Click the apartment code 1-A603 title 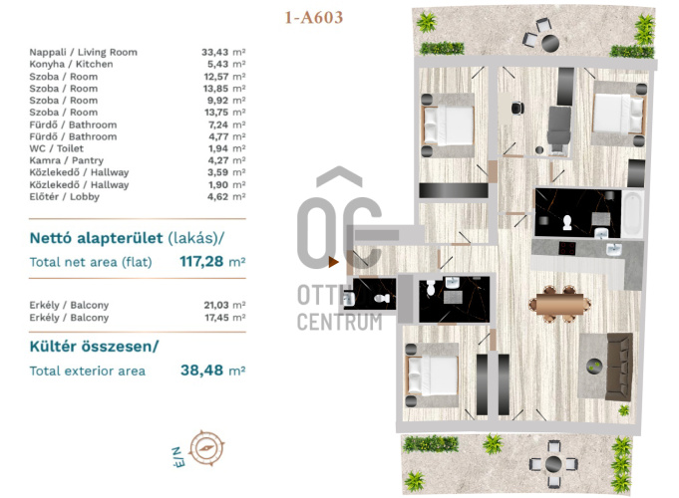click(x=313, y=17)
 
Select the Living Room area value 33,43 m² click(x=223, y=53)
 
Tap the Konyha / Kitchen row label click(x=71, y=64)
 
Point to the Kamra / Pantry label click(x=66, y=160)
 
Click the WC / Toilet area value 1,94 click(x=217, y=148)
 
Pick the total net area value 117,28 click(x=201, y=261)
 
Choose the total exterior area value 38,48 click(x=201, y=371)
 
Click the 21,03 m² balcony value click(x=224, y=305)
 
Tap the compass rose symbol click(x=207, y=448)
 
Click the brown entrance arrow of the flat click(x=333, y=262)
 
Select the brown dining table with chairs click(x=559, y=304)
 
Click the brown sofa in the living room click(x=619, y=367)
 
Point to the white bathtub click(x=633, y=214)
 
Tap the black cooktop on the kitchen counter click(x=567, y=248)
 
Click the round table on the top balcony click(x=550, y=43)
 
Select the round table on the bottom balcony click(x=553, y=464)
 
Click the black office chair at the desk click(x=517, y=108)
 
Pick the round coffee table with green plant click(x=594, y=367)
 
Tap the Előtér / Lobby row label click(x=65, y=197)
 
